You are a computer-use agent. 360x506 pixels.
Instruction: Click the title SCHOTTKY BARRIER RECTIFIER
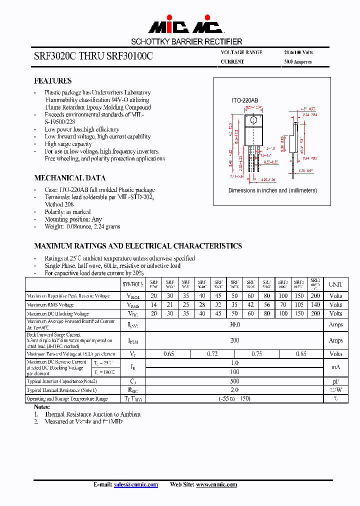(x=186, y=42)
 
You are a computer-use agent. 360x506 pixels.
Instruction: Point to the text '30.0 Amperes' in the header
(x=298, y=62)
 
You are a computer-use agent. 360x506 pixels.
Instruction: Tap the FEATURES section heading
(x=52, y=81)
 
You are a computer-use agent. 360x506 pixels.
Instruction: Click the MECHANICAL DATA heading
(x=69, y=178)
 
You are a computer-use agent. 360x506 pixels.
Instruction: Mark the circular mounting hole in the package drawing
(x=253, y=120)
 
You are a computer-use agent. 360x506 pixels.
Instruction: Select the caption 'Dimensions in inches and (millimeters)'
(x=272, y=190)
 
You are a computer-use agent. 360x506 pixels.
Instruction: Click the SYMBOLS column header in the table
(x=132, y=284)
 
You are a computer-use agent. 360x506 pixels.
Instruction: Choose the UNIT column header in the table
(x=335, y=284)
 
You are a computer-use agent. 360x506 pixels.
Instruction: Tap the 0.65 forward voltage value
(x=168, y=354)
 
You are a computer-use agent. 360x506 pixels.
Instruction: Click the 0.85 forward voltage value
(x=301, y=354)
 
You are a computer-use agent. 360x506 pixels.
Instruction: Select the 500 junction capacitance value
(x=235, y=381)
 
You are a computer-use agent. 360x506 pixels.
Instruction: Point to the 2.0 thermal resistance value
(x=235, y=390)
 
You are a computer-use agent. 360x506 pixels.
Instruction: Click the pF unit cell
(x=335, y=381)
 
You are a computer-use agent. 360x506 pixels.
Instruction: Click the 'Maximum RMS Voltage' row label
(x=50, y=305)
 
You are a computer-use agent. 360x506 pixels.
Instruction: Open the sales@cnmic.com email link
(x=136, y=484)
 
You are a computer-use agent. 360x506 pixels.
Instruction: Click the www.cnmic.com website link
(x=216, y=484)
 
